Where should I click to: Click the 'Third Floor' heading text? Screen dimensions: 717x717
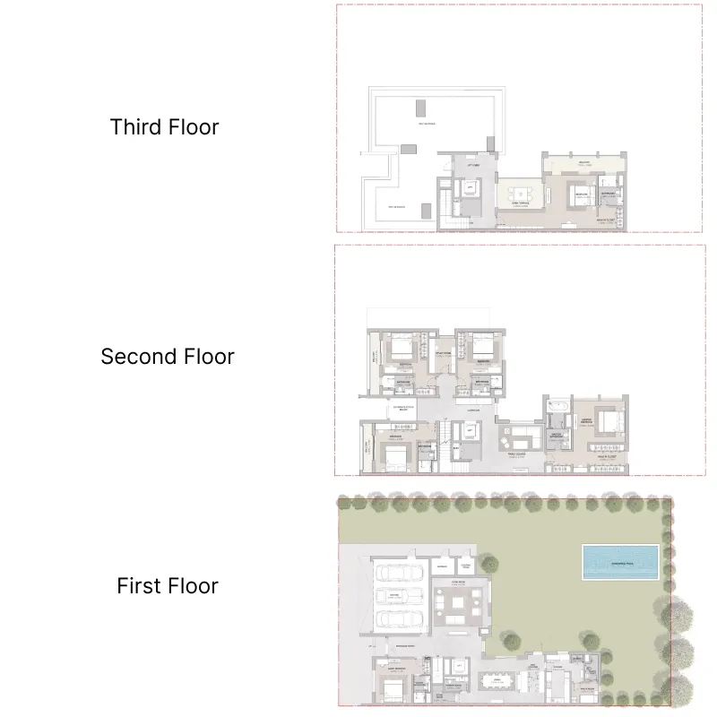[x=164, y=127]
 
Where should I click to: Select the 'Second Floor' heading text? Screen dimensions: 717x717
[x=167, y=357]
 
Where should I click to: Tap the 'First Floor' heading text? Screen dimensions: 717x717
[x=168, y=586]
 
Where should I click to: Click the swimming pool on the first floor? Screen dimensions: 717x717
[x=619, y=562]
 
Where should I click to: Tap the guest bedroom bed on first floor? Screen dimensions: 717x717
[x=392, y=689]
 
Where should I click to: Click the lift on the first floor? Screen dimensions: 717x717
[x=460, y=667]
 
